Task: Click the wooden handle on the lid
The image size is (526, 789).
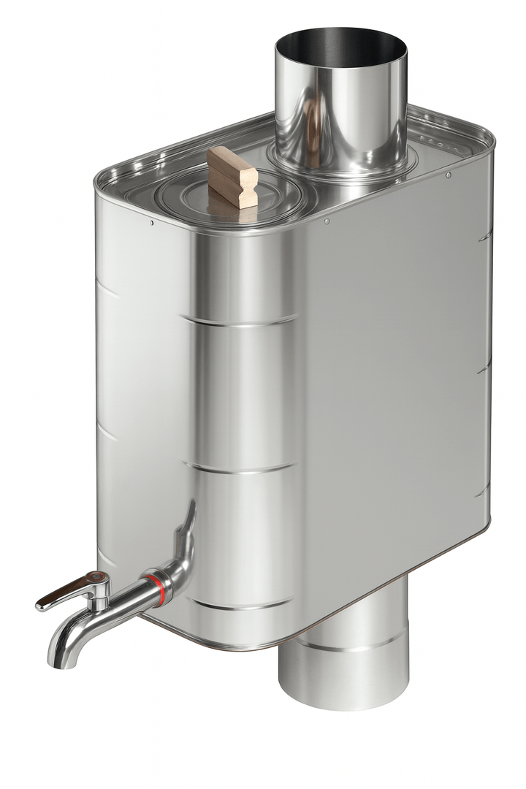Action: (x=232, y=176)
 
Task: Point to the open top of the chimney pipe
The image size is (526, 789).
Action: (x=341, y=46)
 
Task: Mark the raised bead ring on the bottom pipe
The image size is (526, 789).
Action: (x=343, y=647)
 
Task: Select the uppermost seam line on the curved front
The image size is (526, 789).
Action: (x=241, y=320)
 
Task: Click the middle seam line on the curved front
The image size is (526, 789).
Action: (x=241, y=465)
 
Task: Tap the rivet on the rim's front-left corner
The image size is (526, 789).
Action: (x=151, y=222)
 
